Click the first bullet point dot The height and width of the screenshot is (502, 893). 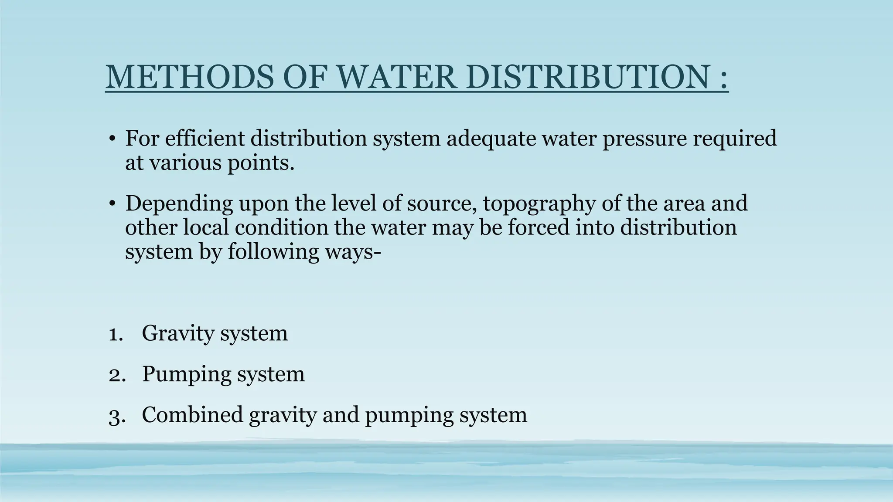coord(112,139)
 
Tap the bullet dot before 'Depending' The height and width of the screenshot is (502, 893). coord(112,204)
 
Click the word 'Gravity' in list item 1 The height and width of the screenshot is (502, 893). coord(177,334)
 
